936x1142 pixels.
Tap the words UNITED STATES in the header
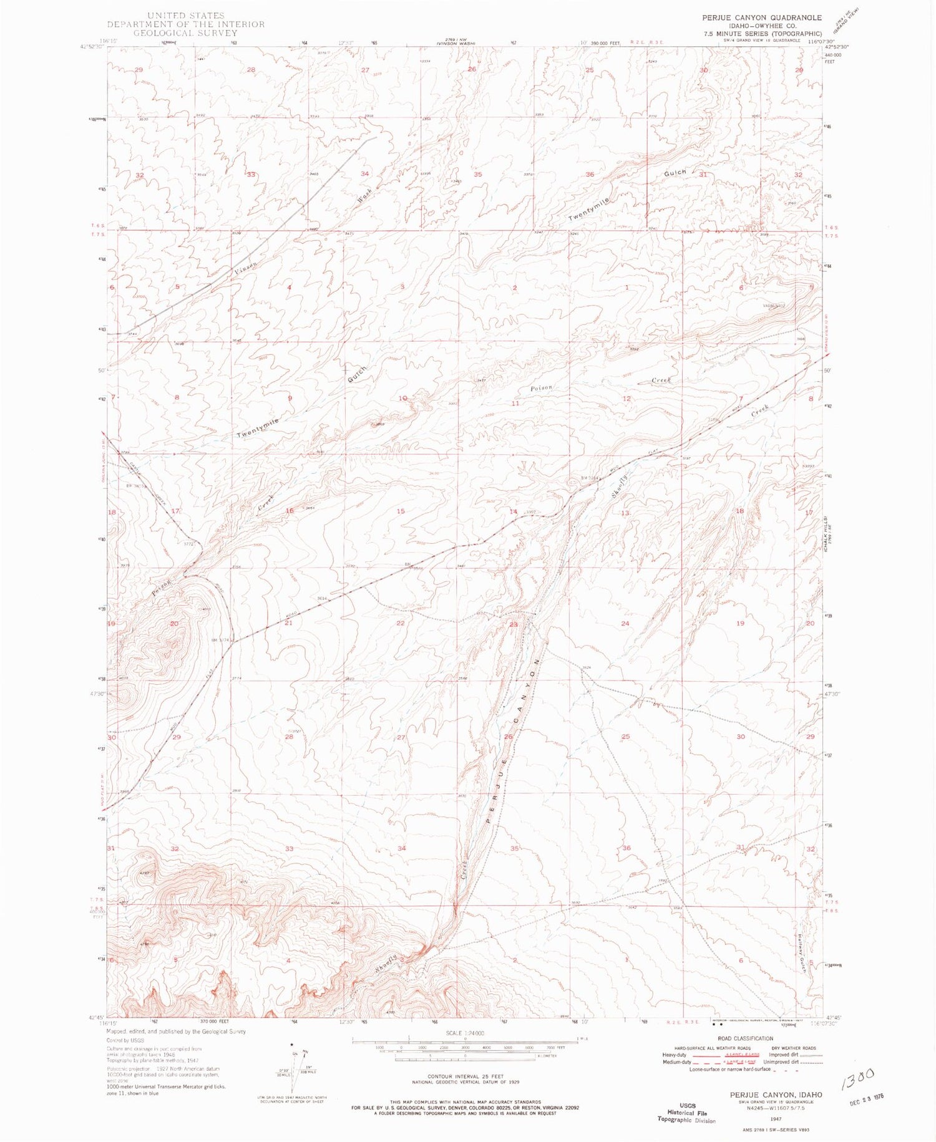(185, 15)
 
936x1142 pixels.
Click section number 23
(514, 624)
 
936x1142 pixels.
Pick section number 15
(401, 511)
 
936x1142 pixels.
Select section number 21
(288, 623)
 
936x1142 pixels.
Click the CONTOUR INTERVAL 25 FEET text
(465, 1077)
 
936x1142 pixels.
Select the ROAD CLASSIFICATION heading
(744, 1038)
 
